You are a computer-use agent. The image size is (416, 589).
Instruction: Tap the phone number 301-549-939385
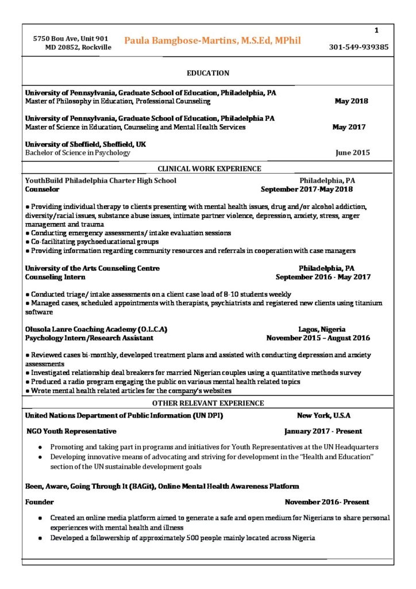pos(359,47)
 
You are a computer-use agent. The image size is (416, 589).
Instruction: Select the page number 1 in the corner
pos(376,30)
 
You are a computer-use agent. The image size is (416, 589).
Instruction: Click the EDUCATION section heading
pos(208,73)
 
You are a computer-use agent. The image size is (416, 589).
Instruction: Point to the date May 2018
pos(351,101)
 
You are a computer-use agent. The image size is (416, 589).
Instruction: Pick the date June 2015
pos(353,153)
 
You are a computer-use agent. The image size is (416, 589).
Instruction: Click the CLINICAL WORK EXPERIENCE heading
pos(210,169)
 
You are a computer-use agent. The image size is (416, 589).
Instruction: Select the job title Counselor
pos(42,189)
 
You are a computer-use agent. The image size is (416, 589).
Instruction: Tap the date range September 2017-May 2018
pos(307,189)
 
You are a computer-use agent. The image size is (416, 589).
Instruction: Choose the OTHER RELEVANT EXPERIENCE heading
pos(208,403)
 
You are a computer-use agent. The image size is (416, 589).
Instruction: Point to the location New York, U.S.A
pos(323,415)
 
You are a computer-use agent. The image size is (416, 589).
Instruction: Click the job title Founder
pos(40,502)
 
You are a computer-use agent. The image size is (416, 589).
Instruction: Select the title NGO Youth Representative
pos(72,431)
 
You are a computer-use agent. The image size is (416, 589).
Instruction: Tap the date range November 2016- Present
pos(327,502)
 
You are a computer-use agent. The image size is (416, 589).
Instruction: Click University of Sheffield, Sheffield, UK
pos(86,144)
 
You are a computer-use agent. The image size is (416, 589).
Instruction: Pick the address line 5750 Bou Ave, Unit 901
pos(71,39)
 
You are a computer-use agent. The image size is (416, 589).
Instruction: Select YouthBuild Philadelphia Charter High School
pos(101,180)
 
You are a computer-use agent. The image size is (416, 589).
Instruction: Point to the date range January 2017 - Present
pos(323,431)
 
